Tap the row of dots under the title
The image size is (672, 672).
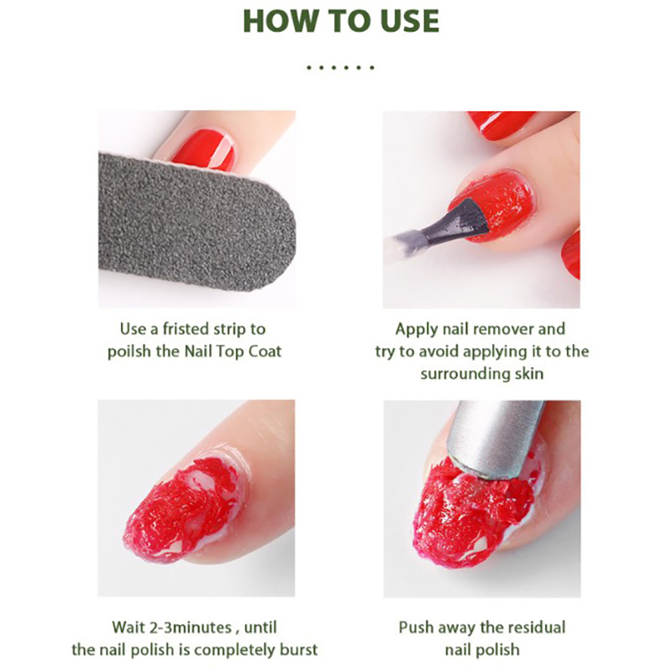341,67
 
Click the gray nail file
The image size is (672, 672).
197,220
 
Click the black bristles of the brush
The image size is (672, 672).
468,220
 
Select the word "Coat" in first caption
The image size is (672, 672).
265,351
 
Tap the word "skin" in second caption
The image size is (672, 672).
529,373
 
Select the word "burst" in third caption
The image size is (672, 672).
298,649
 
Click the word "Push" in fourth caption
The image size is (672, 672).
416,627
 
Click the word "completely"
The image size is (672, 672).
234,650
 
